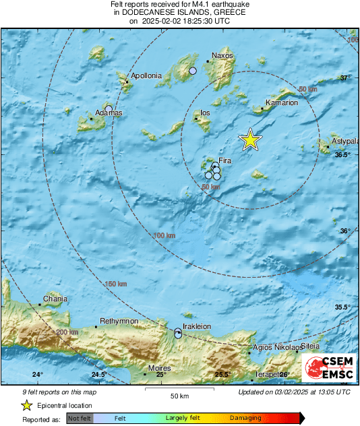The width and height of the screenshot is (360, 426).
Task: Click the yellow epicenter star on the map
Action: [x=250, y=140]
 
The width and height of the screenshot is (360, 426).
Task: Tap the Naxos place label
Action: [x=222, y=55]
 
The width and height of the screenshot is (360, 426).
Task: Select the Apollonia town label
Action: [x=146, y=76]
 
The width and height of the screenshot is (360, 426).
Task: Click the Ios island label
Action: [x=205, y=113]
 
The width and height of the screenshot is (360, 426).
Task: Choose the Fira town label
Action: [x=225, y=160]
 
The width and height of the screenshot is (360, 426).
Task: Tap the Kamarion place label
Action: [x=282, y=103]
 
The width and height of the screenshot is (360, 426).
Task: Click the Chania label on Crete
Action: [x=55, y=298]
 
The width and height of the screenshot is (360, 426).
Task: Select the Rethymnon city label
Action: [x=119, y=321]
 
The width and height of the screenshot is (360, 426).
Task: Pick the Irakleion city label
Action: [x=198, y=326]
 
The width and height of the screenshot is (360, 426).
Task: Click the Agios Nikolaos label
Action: [x=275, y=348]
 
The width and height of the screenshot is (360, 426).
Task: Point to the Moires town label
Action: [x=160, y=369]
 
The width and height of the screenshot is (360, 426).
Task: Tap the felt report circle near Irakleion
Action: [x=178, y=333]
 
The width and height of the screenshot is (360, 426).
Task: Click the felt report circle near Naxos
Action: [x=193, y=71]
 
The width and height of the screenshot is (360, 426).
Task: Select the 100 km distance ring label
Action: [x=164, y=235]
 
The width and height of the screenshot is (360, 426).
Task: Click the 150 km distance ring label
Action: [x=116, y=284]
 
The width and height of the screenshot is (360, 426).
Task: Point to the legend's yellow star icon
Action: [x=26, y=406]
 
